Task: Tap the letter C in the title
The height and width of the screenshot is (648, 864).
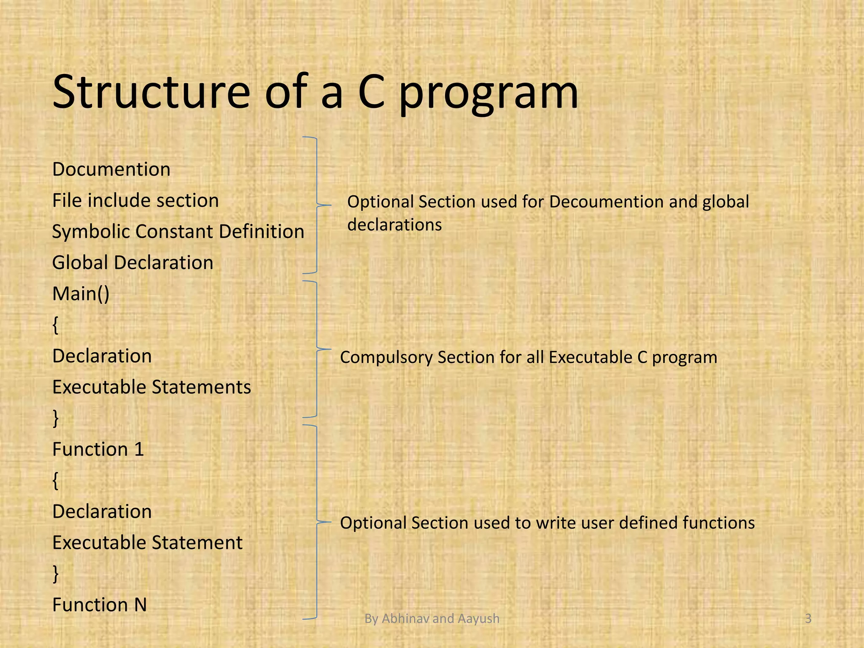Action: click(x=372, y=92)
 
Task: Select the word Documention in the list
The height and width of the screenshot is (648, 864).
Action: click(x=111, y=170)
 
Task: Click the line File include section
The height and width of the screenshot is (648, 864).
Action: click(x=135, y=200)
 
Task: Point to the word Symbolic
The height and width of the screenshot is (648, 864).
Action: click(x=90, y=232)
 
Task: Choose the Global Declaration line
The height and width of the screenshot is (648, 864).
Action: click(x=132, y=262)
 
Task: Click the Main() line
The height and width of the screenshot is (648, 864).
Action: click(x=81, y=294)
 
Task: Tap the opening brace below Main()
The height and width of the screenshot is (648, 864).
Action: click(x=56, y=325)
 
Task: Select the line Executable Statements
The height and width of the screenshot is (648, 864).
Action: click(x=151, y=387)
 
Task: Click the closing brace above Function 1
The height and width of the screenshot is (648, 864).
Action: click(x=56, y=418)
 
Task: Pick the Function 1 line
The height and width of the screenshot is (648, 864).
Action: click(x=98, y=449)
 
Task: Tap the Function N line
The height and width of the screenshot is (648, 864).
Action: click(x=100, y=605)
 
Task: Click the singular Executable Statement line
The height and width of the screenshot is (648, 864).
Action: click(x=147, y=543)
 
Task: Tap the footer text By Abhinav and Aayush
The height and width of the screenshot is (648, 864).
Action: click(x=432, y=618)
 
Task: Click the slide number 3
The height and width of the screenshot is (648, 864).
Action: click(x=808, y=618)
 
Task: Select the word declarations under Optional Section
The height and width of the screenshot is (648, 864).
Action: click(x=394, y=225)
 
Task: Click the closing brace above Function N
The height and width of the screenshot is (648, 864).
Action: click(x=56, y=573)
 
